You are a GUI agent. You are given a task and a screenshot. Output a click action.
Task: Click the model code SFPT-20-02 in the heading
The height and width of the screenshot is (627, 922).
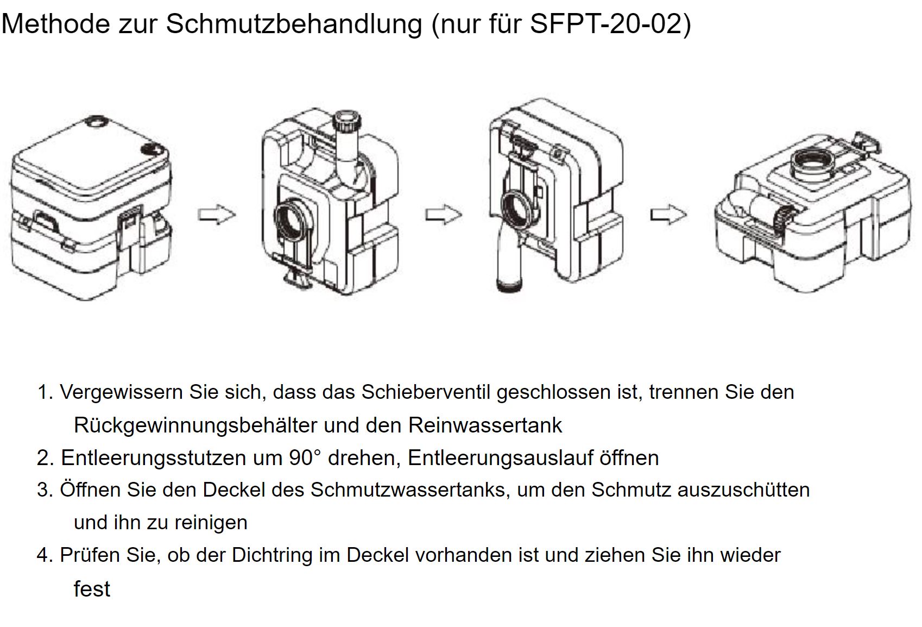click(607, 24)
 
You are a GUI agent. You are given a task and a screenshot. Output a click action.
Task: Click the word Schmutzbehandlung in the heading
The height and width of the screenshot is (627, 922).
click(294, 24)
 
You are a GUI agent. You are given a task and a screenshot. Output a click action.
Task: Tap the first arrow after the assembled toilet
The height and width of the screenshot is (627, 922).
click(217, 214)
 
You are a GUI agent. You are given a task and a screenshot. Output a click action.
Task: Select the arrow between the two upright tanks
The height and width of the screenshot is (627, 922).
click(443, 215)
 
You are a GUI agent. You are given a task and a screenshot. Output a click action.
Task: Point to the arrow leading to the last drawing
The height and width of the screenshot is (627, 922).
click(668, 215)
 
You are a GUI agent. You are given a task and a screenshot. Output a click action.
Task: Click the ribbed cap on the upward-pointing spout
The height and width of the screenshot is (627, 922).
click(347, 121)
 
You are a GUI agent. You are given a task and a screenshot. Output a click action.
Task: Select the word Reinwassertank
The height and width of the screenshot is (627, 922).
click(485, 425)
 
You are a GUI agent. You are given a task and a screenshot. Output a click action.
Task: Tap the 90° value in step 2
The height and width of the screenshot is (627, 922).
click(305, 457)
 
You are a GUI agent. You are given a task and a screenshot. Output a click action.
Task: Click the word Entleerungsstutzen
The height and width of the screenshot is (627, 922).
click(154, 457)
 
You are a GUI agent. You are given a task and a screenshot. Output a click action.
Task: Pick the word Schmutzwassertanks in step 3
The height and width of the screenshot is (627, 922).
click(408, 490)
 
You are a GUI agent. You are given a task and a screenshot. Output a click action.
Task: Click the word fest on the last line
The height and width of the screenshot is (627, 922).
click(92, 588)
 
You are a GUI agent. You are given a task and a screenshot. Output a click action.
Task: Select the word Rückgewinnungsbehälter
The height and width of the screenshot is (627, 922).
click(195, 425)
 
